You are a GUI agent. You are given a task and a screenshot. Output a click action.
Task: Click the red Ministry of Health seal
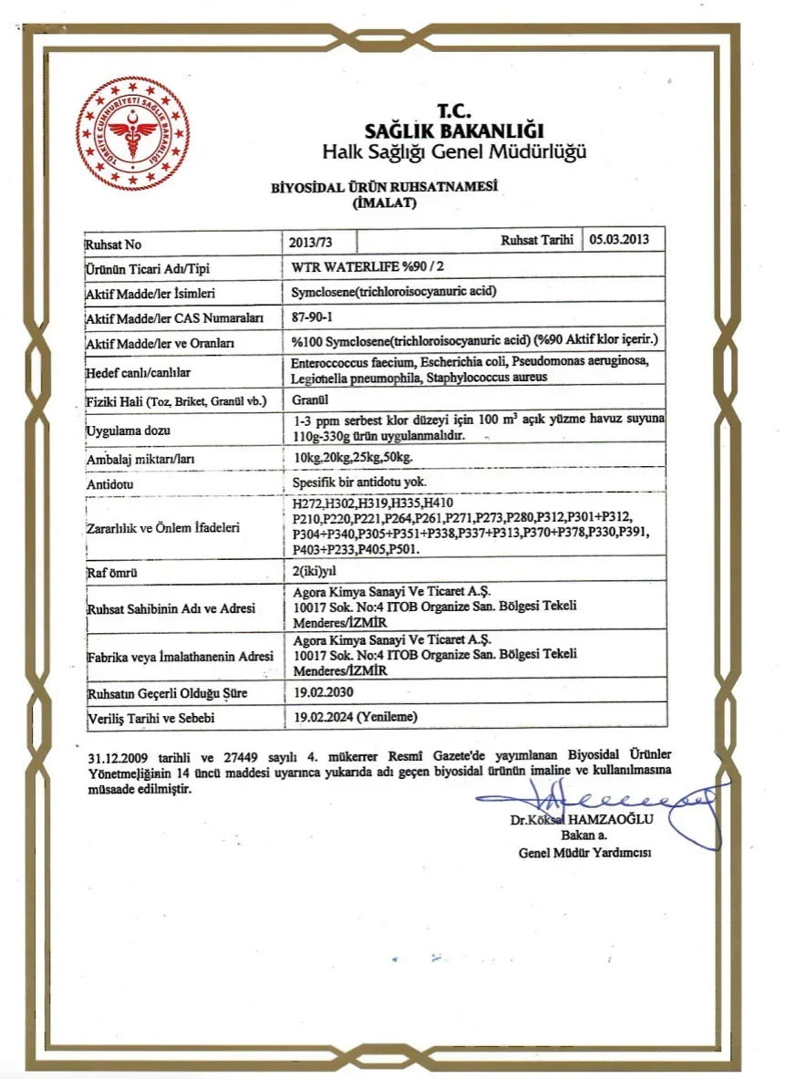(x=132, y=133)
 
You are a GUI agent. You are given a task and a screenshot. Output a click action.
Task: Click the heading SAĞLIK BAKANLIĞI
(x=453, y=130)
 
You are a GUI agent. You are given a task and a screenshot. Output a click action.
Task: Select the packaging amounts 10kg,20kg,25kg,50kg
(x=354, y=456)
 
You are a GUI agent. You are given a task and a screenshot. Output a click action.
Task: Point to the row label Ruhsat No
(x=114, y=245)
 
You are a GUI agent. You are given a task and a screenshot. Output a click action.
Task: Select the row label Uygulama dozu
(x=129, y=430)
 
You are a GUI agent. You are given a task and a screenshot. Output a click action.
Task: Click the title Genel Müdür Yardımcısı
(x=584, y=853)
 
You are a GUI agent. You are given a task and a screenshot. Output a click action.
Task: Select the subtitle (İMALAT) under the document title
(x=384, y=203)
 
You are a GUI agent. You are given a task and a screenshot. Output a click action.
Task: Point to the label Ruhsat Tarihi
(x=536, y=241)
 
